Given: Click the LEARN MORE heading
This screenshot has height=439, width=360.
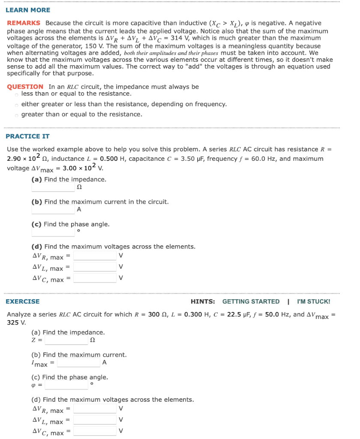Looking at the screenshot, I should pos(28,10).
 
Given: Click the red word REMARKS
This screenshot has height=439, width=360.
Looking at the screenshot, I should pos(24,23).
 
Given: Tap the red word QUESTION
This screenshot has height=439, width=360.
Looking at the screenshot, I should pos(25,87).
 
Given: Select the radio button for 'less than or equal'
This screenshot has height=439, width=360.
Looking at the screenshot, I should pos(16,94).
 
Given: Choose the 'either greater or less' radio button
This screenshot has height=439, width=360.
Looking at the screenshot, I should pos(16,104).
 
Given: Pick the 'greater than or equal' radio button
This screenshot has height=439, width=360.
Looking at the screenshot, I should pos(16,115).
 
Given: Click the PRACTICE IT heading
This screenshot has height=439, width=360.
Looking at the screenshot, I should pos(27,136).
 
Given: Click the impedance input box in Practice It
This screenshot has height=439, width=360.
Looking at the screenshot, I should pos(53,187).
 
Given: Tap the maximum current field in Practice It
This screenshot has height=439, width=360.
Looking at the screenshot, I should pos(53,210).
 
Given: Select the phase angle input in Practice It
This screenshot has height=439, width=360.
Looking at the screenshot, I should pos(53,232).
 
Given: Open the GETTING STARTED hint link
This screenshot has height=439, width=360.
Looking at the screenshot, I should pos(251,301).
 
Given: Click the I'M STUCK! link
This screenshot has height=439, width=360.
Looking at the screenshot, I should pos(313,301).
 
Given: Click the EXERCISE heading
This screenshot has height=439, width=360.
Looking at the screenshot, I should pos(22,301).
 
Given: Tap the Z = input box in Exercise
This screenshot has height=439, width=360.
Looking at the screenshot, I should pos(66,340).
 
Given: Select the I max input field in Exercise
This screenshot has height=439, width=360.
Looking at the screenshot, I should pos(79,363).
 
